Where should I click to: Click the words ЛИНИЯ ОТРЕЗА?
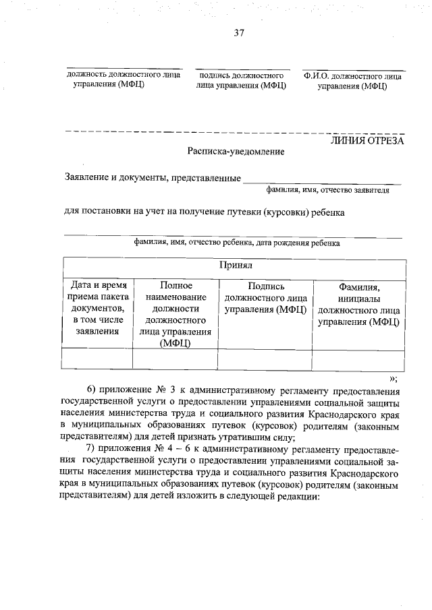(367, 141)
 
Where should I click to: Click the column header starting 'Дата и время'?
(97, 309)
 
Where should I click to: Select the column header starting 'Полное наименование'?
(175, 315)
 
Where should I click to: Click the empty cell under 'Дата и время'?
(97, 359)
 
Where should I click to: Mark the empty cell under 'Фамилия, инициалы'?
(358, 359)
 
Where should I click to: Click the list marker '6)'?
(92, 390)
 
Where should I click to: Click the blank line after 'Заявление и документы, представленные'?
(321, 181)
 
